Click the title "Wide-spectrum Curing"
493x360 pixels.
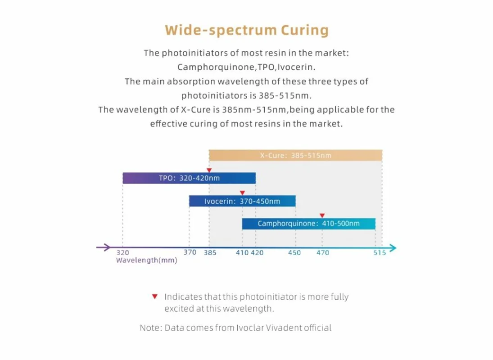247,30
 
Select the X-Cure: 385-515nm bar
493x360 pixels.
295,156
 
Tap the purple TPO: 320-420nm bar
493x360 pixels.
189,178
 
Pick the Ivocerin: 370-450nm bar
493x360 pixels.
242,201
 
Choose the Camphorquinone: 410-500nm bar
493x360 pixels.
308,224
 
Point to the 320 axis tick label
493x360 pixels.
122,253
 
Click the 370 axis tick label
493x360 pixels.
190,252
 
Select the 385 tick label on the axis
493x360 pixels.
210,253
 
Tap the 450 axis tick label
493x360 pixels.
294,253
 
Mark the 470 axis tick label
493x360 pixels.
322,253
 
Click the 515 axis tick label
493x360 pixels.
380,253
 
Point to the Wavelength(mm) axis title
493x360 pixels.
146,261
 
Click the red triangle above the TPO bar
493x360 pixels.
209,170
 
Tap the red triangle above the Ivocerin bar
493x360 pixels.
242,193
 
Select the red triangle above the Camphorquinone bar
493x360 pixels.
322,216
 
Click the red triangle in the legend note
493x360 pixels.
154,297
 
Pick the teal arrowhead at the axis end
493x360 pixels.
393,247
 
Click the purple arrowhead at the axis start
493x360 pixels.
106,247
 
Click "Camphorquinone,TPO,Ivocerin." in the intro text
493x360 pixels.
246,67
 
